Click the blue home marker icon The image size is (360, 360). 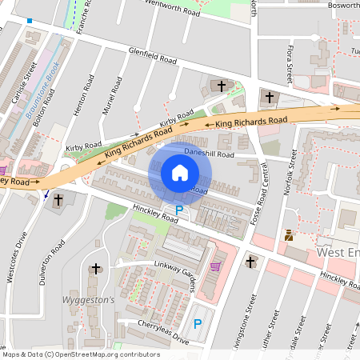180,173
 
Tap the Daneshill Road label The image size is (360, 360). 209,152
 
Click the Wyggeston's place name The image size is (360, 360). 89,300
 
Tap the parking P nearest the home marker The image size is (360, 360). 179,210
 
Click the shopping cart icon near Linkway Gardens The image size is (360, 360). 214,266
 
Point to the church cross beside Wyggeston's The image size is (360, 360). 97,269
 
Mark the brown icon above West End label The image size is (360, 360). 289,235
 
